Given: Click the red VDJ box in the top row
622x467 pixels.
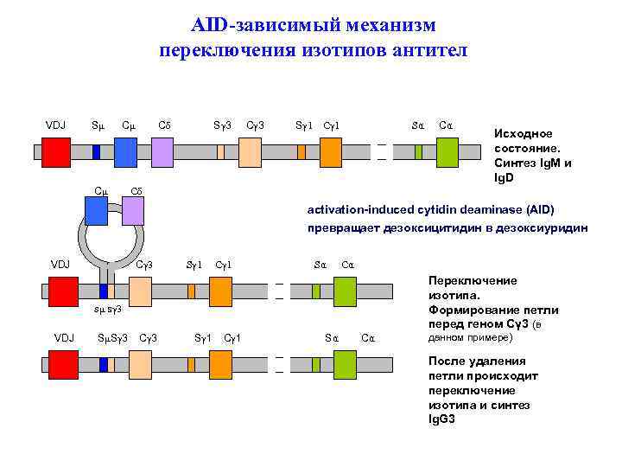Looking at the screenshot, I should tap(56, 152).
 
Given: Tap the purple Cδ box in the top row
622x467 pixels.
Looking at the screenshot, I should tap(162, 152).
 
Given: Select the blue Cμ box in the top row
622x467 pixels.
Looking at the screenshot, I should tap(125, 152).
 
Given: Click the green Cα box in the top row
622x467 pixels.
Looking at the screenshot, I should tap(447, 152).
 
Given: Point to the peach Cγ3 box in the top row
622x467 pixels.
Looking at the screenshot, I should tap(250, 152).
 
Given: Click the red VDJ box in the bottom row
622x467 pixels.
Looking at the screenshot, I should tap(56, 364).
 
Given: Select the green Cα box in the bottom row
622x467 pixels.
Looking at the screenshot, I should tap(345, 364).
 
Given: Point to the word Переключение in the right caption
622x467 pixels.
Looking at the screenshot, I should tap(472, 280).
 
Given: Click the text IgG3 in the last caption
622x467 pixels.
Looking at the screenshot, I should tap(441, 419).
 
